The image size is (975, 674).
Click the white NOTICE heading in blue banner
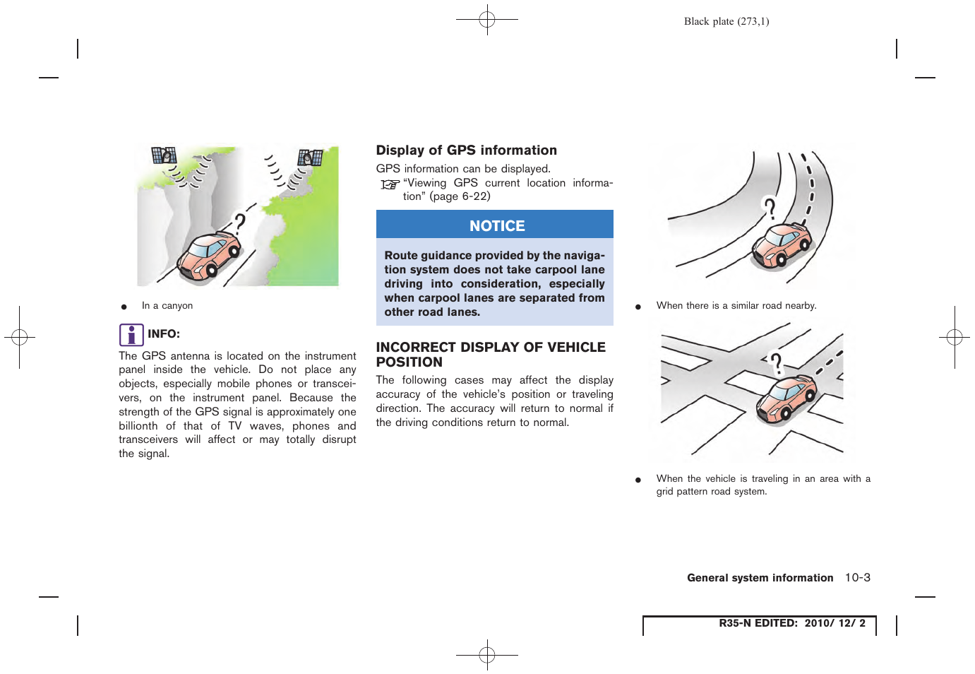click(x=497, y=226)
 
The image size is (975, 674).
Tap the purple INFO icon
click(x=131, y=334)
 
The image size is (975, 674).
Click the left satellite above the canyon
click(x=164, y=155)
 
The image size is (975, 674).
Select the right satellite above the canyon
click(x=310, y=158)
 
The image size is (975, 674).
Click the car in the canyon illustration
click(x=208, y=256)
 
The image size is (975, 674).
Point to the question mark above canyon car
click(x=240, y=223)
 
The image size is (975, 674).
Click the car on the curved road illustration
click(x=781, y=244)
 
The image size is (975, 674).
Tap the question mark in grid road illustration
click(x=776, y=364)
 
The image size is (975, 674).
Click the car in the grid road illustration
click(x=785, y=399)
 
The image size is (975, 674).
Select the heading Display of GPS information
click(x=466, y=150)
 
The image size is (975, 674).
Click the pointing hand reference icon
click(x=390, y=184)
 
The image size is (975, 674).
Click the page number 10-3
click(x=857, y=577)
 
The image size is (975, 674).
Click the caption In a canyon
click(x=167, y=306)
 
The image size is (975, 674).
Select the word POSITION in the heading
click(x=409, y=362)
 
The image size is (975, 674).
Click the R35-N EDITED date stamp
click(x=791, y=623)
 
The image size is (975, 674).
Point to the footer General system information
click(x=760, y=578)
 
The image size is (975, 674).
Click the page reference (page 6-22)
click(x=460, y=196)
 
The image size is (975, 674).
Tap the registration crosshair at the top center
click(x=487, y=20)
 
